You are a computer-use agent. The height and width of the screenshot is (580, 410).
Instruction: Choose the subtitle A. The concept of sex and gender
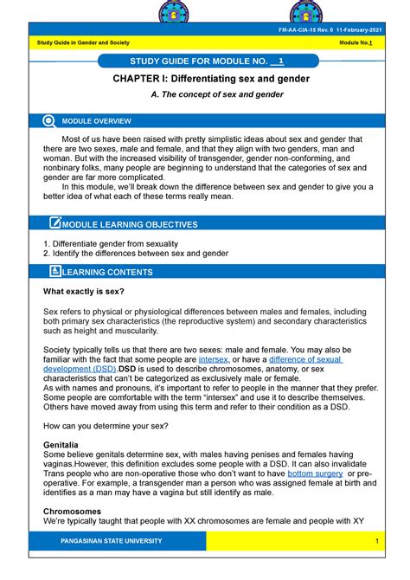click(x=205, y=96)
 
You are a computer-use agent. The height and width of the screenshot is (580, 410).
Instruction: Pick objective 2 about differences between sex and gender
click(x=136, y=254)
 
